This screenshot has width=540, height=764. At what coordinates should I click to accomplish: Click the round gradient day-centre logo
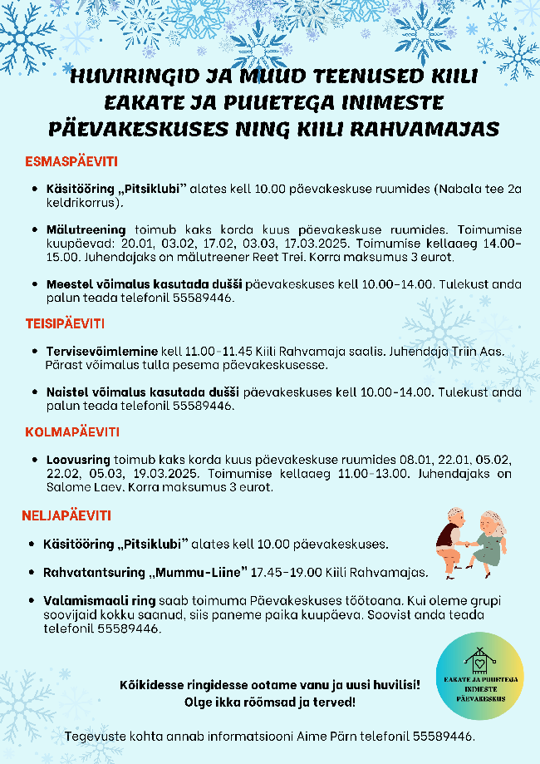tap(481, 677)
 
